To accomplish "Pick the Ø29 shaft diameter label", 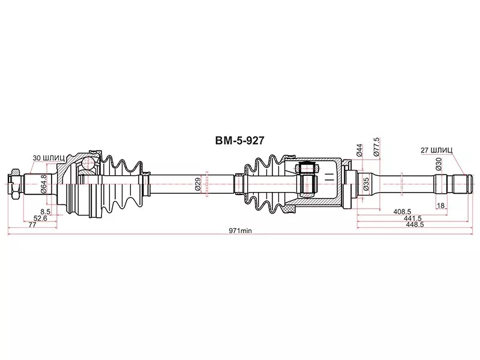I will pyautogui.click(x=197, y=184).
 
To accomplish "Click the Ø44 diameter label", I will pyautogui.click(x=358, y=151).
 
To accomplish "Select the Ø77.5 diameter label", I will pyautogui.click(x=376, y=148).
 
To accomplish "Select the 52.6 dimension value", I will pyautogui.click(x=41, y=218).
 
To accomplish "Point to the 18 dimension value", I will pyautogui.click(x=441, y=206).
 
